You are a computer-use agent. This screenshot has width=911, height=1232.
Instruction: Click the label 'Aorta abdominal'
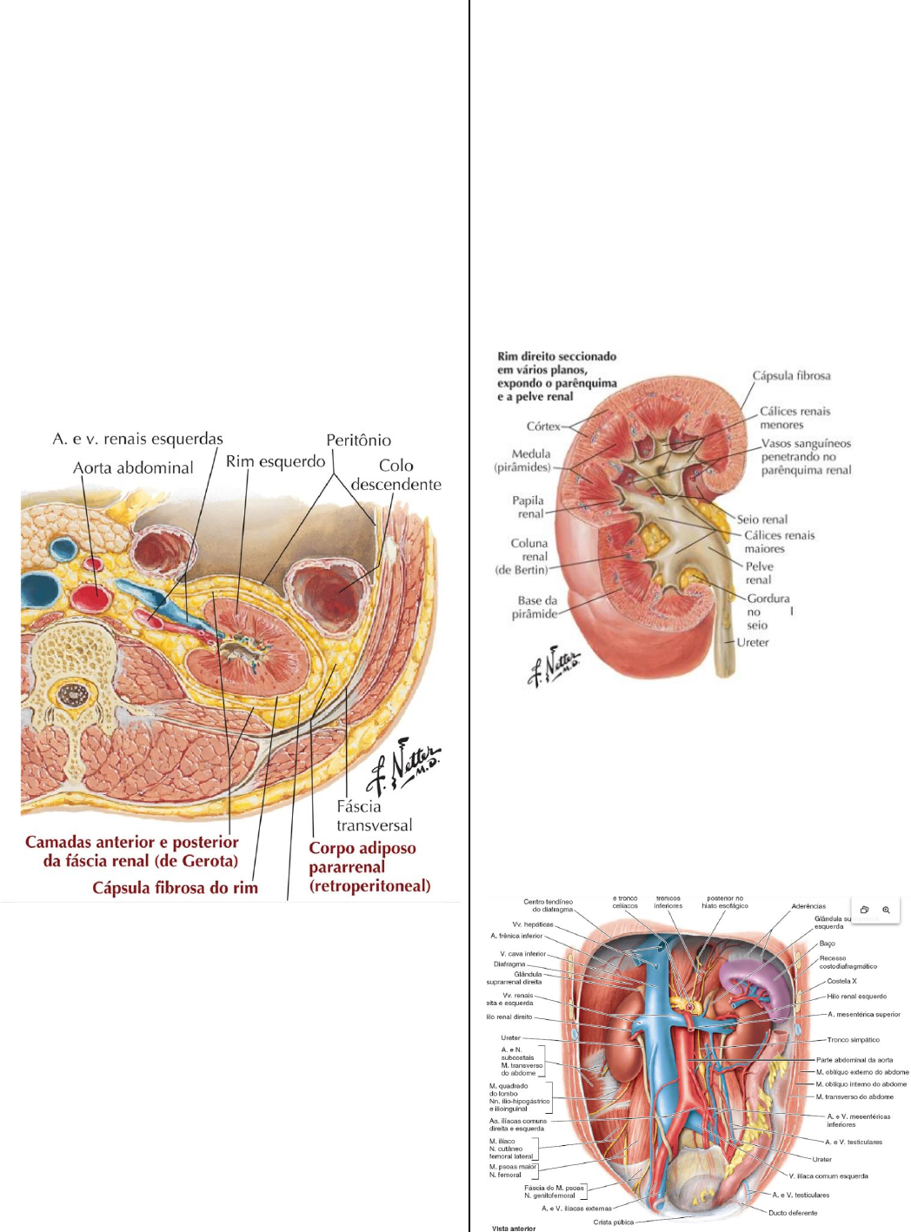pos(133,467)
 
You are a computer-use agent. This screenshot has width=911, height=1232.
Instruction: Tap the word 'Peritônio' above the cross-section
pos(358,440)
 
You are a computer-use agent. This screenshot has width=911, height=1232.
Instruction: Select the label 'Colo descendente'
pos(396,475)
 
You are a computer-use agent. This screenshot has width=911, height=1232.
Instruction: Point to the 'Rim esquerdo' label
pos(275,461)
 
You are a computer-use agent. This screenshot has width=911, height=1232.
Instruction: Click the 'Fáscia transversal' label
pos(374,816)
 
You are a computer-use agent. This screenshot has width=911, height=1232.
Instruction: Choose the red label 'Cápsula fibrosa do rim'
pos(175,887)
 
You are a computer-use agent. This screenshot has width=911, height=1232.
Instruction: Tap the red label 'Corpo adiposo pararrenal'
pos(369,866)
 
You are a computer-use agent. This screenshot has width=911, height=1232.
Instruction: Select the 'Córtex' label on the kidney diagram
pos(543,427)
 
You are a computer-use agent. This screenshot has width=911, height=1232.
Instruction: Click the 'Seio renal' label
pos(761,520)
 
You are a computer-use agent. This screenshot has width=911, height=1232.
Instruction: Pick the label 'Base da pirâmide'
pos(536,606)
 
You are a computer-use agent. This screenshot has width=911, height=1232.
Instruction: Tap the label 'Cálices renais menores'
pos(795,418)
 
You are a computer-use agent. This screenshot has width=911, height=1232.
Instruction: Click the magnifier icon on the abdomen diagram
pos(886,910)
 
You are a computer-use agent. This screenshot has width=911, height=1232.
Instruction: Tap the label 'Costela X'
pos(841,981)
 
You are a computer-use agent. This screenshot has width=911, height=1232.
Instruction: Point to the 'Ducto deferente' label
pos(792,1213)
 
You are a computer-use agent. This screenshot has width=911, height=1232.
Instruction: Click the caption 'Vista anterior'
pos(514,1228)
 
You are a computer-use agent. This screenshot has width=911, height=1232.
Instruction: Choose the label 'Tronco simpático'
pos(853,1039)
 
